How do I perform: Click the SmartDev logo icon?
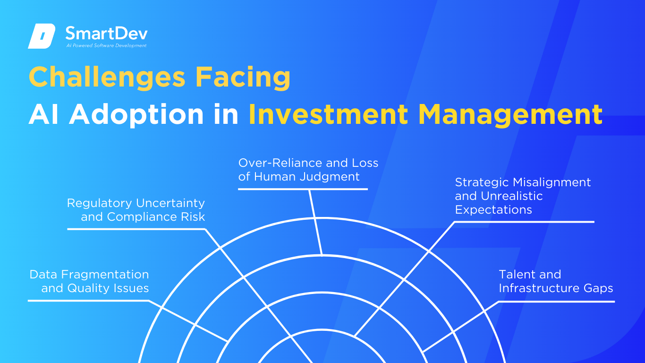pyautogui.click(x=42, y=36)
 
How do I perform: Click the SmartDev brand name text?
pyautogui.click(x=106, y=33)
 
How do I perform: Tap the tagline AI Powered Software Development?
pyautogui.click(x=106, y=45)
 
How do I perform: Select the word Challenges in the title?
pyautogui.click(x=107, y=77)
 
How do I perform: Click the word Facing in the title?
pyautogui.click(x=243, y=77)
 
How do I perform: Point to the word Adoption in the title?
pyautogui.click(x=136, y=115)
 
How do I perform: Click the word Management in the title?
pyautogui.click(x=510, y=115)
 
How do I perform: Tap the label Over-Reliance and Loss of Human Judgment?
pyautogui.click(x=308, y=170)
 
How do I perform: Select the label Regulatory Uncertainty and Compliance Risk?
pyautogui.click(x=136, y=210)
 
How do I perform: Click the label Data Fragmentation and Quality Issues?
pyautogui.click(x=89, y=281)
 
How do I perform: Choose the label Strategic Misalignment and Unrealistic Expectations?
pyautogui.click(x=523, y=196)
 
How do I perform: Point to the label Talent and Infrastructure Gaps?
pyautogui.click(x=556, y=281)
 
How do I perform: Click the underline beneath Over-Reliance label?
pyautogui.click(x=303, y=189)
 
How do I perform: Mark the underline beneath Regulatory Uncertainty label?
pyautogui.click(x=136, y=229)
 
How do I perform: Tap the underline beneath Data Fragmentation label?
pyautogui.click(x=88, y=301)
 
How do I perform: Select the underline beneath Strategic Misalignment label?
pyautogui.click(x=524, y=222)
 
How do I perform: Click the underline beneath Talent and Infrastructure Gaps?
pyautogui.click(x=557, y=302)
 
